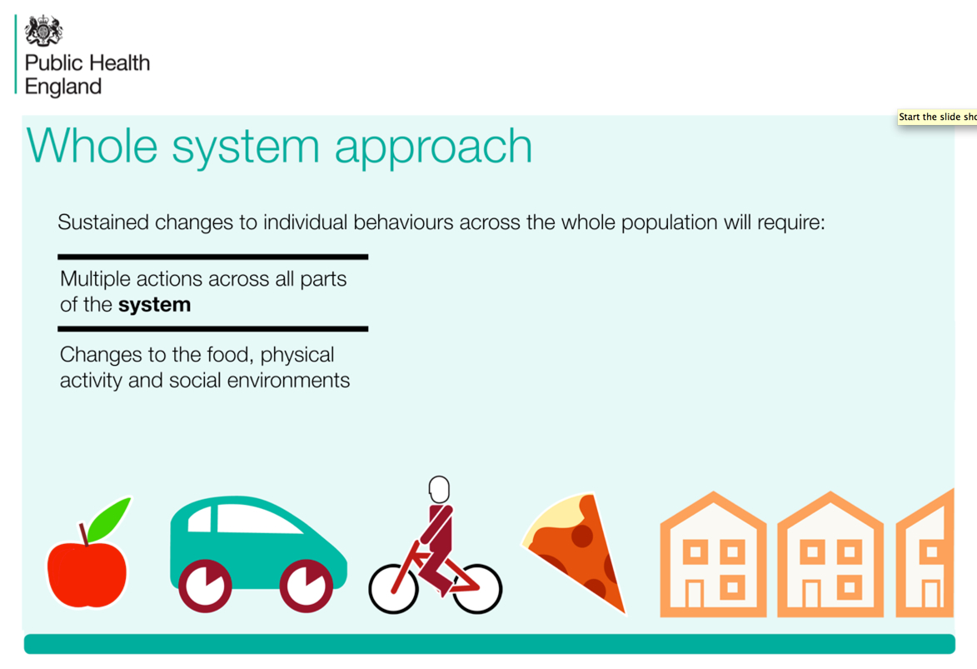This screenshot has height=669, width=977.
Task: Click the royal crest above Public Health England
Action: tap(43, 31)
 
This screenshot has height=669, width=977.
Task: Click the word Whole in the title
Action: tap(92, 146)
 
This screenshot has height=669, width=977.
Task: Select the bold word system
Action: tap(155, 305)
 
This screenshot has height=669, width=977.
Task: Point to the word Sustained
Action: tap(103, 222)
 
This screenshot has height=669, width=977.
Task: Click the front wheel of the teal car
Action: tap(306, 586)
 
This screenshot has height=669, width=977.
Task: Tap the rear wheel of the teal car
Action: tap(205, 586)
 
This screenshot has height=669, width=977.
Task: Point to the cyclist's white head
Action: tap(439, 489)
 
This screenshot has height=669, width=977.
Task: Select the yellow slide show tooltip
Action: tap(937, 117)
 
